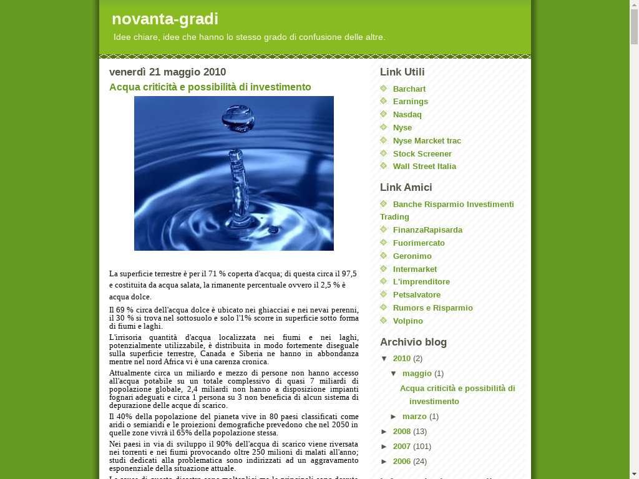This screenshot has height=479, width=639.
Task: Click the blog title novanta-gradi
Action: point(165,19)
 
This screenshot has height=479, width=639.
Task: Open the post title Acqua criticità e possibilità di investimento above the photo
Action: point(210,87)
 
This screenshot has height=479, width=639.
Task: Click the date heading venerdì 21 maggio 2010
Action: point(167,72)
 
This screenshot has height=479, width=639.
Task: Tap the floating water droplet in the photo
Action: point(238,118)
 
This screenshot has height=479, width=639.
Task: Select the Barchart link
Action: point(409,89)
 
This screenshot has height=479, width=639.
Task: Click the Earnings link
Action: point(410,102)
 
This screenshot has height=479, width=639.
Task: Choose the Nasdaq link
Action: point(407,115)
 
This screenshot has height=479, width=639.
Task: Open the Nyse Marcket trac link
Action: point(427,141)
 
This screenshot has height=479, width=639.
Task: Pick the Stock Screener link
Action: point(422,154)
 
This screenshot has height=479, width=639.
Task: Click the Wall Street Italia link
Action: point(424,167)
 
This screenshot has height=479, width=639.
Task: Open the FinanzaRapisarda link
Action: point(427,230)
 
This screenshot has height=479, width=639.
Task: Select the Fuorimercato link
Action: point(419,243)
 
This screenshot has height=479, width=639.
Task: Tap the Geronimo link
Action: point(412,256)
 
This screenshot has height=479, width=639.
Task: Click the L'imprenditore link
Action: point(421,282)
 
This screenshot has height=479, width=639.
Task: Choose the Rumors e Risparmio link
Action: point(432,308)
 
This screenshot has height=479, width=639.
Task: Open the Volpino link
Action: point(407,321)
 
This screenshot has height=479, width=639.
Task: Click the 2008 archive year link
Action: point(402,432)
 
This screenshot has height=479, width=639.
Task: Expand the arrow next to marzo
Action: point(394,417)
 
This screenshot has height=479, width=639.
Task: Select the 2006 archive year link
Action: point(402,462)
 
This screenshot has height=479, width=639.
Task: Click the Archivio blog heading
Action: point(413,342)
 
